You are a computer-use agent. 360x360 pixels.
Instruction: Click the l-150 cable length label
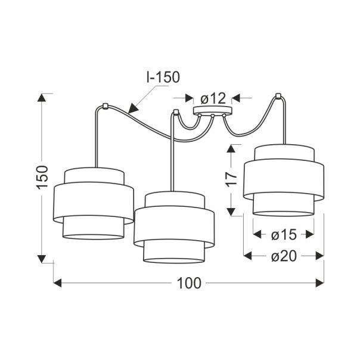tap(163, 77)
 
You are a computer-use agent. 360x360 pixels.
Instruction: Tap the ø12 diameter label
tap(213, 98)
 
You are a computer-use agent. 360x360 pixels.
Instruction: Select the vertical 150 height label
tap(42, 178)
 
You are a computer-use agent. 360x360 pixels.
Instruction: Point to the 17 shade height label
tap(232, 178)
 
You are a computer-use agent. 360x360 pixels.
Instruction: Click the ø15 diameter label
tap(284, 235)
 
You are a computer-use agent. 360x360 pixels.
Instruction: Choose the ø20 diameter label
tap(284, 256)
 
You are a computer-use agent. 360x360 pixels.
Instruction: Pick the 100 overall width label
tap(189, 283)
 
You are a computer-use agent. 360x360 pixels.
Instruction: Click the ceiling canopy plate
tap(212, 110)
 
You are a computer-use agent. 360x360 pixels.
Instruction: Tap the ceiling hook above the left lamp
tap(105, 106)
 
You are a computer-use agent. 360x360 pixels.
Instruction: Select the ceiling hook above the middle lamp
tap(176, 112)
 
